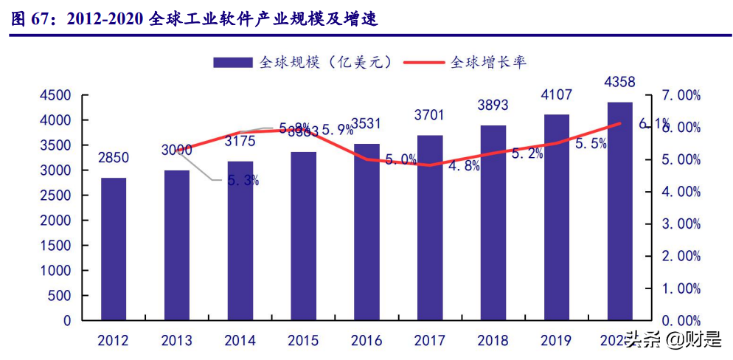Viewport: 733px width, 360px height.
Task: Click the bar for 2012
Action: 113,249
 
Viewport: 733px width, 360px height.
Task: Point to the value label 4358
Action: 619,81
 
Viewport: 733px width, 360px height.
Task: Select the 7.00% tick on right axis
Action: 677,95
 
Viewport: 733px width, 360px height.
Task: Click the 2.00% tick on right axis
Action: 677,256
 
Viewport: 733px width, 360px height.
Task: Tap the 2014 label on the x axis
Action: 240,340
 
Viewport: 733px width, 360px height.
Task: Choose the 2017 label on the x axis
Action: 429,340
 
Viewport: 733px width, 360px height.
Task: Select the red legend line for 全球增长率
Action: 424,63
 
